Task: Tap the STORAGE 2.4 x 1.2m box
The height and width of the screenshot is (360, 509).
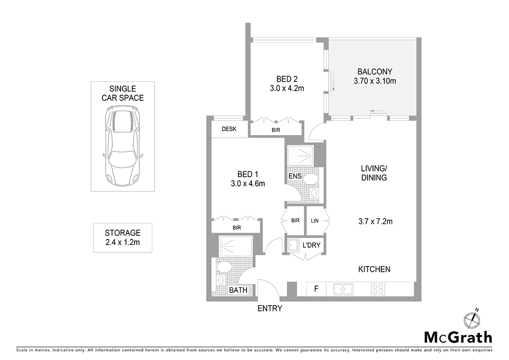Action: (x=122, y=238)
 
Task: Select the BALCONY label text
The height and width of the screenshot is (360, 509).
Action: (x=374, y=72)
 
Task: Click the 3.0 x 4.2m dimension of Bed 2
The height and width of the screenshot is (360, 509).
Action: (x=286, y=88)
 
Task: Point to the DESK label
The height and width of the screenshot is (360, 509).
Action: (x=229, y=129)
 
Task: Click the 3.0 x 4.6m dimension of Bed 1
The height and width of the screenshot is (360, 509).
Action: (x=247, y=184)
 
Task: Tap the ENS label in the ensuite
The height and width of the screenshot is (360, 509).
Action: (x=295, y=176)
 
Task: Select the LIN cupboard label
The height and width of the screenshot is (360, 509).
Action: (x=315, y=221)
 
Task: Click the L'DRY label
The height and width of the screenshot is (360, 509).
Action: (x=311, y=245)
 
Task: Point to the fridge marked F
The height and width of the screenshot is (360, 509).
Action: (x=316, y=288)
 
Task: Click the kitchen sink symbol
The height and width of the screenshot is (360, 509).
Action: (x=343, y=288)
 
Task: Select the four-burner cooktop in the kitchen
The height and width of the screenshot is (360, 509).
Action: (x=378, y=288)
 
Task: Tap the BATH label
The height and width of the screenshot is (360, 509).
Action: (x=238, y=290)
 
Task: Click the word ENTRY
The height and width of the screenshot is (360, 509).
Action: (x=270, y=309)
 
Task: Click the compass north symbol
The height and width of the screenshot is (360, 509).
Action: (x=472, y=319)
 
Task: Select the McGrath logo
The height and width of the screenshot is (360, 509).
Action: (x=458, y=337)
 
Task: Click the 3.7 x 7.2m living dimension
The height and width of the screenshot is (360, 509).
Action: (x=375, y=222)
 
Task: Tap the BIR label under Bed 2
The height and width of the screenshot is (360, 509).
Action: (x=276, y=130)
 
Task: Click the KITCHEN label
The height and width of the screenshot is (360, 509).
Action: (x=374, y=269)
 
